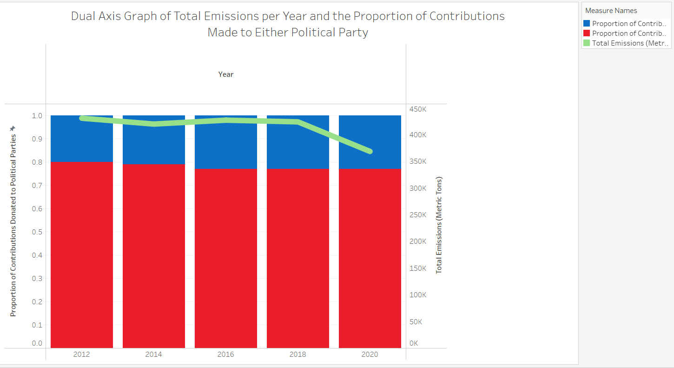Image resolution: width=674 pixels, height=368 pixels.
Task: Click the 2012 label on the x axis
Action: (81, 354)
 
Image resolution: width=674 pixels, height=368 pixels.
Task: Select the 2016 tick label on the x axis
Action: (225, 354)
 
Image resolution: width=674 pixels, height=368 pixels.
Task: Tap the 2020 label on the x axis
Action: (370, 354)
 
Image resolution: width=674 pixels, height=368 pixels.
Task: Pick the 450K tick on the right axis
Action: (418, 109)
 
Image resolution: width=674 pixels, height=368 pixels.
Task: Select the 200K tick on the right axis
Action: (418, 241)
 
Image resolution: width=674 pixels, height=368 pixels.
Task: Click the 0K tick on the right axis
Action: (414, 343)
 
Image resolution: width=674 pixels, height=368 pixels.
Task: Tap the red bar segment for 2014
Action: (154, 256)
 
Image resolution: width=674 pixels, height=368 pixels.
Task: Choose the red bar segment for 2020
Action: (370, 258)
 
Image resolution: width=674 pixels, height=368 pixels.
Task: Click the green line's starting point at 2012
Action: (82, 118)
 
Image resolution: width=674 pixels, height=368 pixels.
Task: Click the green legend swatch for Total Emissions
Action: (587, 43)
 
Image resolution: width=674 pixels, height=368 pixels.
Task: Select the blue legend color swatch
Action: (587, 23)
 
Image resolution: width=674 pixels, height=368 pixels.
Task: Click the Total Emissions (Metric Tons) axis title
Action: (439, 225)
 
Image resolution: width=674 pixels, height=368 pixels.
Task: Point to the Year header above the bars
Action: (226, 74)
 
